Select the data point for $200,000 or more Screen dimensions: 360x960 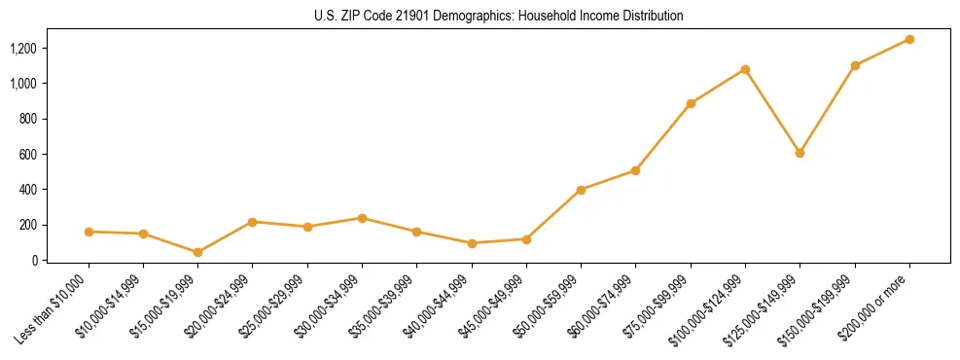click(909, 39)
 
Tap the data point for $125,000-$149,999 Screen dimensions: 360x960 click(800, 153)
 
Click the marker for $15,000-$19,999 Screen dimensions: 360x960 click(197, 252)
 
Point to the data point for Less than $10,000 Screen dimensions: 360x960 click(89, 232)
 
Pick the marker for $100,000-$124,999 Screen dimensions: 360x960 click(745, 69)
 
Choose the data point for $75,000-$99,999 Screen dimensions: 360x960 click(691, 103)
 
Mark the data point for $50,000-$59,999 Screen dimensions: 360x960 click(581, 190)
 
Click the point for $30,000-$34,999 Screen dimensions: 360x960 click(362, 218)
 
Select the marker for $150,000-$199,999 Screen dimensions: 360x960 click(855, 65)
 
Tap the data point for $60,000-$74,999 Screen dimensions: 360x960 click(635, 170)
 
